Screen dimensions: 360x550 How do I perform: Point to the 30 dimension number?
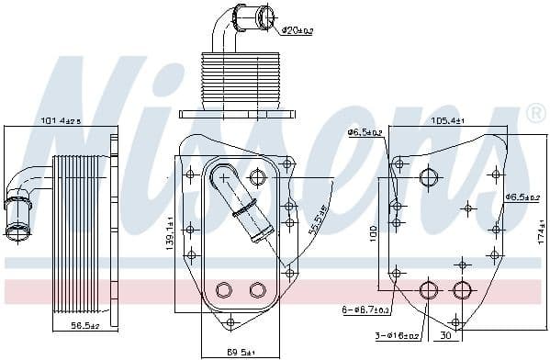tap(443, 335)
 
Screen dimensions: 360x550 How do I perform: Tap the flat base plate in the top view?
tap(238, 114)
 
